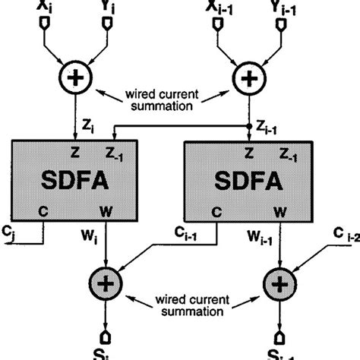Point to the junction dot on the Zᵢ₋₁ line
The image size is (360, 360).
[x=250, y=126]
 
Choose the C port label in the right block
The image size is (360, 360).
[x=216, y=210]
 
